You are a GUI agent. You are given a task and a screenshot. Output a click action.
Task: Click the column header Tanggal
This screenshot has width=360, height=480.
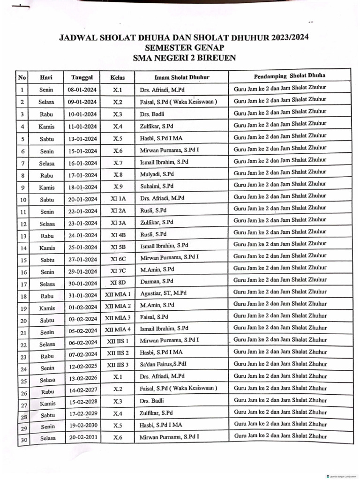tap(82, 77)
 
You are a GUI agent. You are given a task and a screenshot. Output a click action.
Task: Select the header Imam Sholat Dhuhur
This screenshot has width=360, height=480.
tap(182, 77)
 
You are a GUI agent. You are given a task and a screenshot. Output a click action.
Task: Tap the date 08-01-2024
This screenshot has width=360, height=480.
tap(82, 90)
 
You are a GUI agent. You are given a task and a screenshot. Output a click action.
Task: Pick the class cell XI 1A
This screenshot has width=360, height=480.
tap(118, 198)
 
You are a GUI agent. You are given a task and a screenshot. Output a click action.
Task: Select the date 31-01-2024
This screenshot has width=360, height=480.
tap(82, 295)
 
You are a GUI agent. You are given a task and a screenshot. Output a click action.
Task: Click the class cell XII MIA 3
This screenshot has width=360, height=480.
tap(118, 319)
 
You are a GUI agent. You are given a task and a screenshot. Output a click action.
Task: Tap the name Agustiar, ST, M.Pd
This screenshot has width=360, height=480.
tap(163, 293)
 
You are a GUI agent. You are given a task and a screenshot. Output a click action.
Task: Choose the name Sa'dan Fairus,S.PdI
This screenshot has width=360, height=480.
tap(163, 364)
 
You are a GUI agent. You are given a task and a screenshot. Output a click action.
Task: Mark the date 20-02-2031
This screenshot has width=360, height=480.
tap(82, 438)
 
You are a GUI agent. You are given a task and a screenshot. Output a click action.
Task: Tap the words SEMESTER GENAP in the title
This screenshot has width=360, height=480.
tap(185, 47)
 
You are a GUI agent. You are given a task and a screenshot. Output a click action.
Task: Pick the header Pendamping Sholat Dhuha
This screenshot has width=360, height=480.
tap(290, 75)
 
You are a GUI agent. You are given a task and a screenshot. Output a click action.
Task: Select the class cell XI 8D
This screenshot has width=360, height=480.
tap(118, 283)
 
